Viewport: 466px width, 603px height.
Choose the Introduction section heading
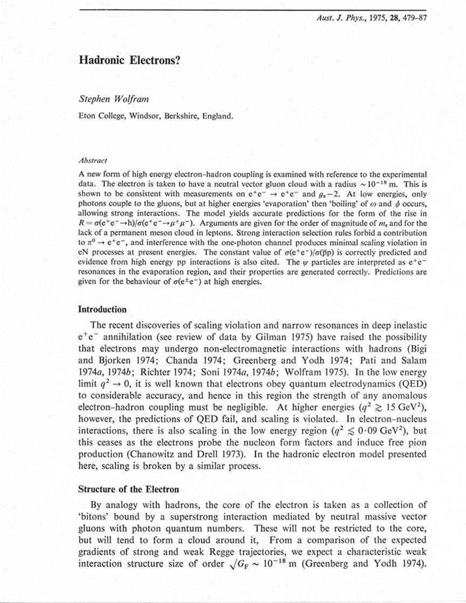(x=102, y=310)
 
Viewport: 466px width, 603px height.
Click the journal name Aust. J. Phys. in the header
(x=339, y=19)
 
